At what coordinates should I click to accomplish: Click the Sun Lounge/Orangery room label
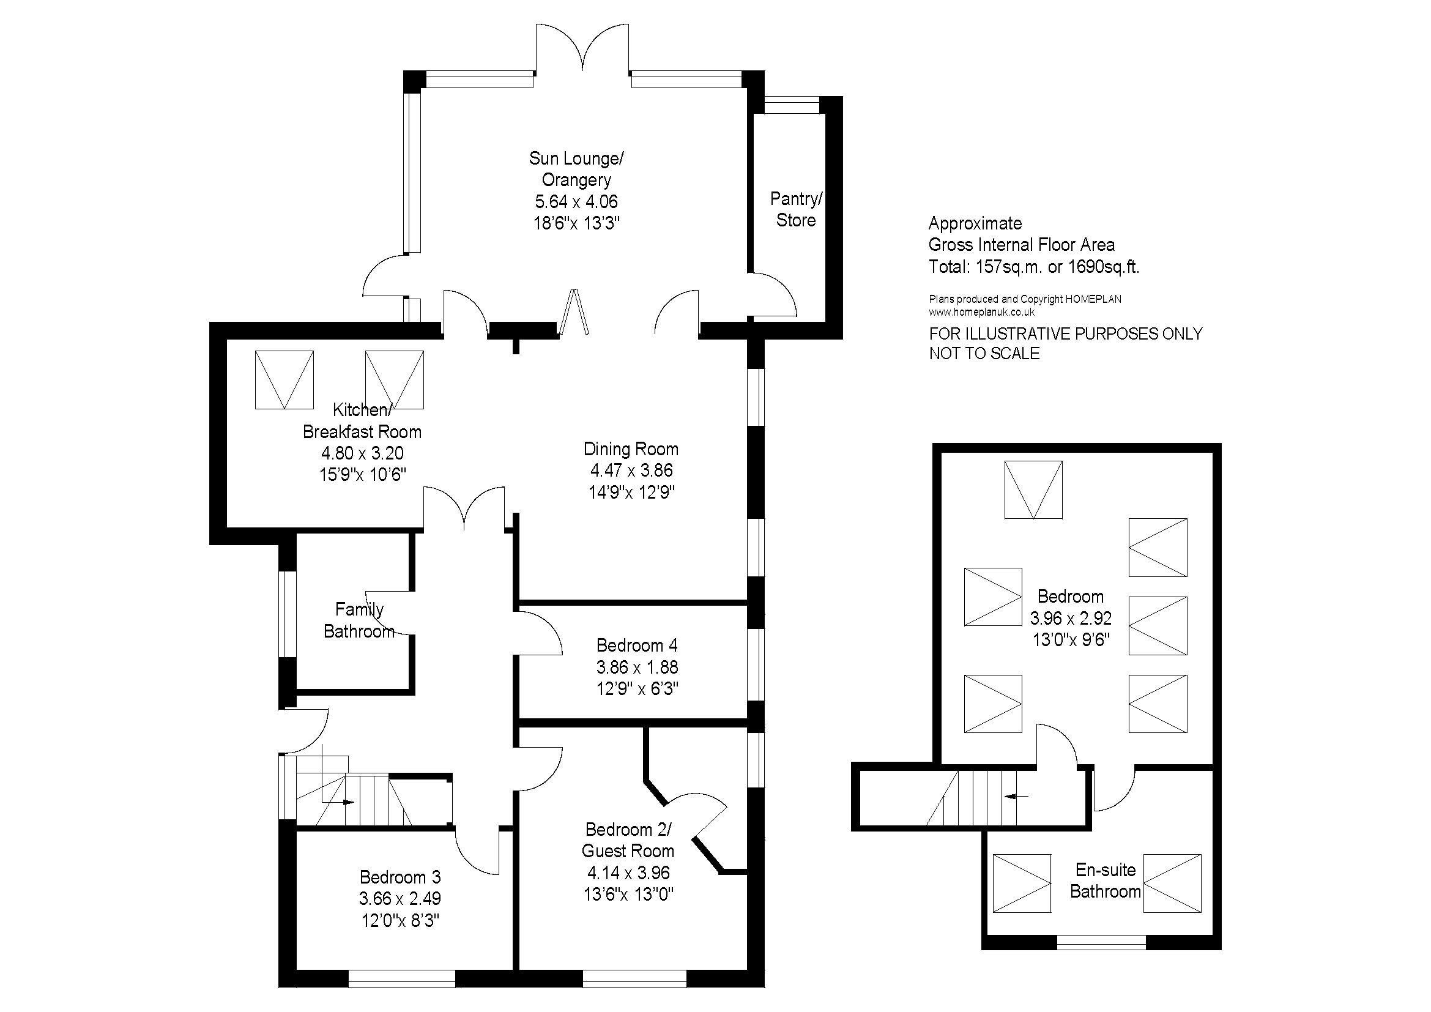tap(576, 169)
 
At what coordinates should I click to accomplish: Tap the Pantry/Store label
tap(796, 209)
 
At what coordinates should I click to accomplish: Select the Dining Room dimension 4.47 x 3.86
tap(631, 471)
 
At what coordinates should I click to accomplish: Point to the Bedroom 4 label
tap(637, 645)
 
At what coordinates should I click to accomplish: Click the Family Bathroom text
tap(359, 620)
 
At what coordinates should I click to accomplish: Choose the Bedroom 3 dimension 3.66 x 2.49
tap(400, 899)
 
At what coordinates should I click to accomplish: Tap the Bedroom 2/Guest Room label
tap(628, 840)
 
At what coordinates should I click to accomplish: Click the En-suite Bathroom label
tap(1106, 880)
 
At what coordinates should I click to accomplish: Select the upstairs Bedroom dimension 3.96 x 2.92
tap(1071, 618)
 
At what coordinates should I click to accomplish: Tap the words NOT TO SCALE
tap(985, 353)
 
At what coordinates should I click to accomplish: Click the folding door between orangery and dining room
tap(574, 311)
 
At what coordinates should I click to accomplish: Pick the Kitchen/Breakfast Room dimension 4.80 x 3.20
tap(362, 453)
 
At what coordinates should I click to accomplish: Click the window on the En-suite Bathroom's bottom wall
tap(1101, 942)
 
